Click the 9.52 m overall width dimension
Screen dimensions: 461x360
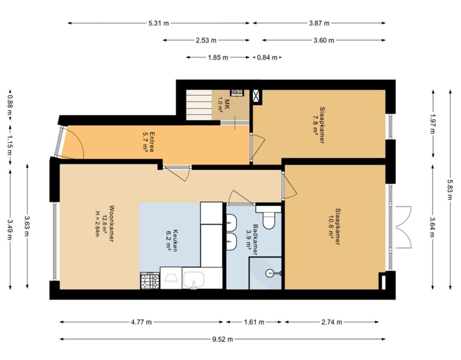click(222, 339)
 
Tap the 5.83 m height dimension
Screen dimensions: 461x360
click(450, 190)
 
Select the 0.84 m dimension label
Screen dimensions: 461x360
click(267, 58)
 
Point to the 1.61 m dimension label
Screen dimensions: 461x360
click(254, 322)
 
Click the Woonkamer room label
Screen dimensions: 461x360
click(111, 223)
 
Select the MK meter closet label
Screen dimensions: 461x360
click(227, 105)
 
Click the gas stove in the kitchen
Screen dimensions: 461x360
click(150, 280)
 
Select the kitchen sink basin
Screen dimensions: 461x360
click(194, 280)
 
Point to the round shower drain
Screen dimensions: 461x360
click(269, 273)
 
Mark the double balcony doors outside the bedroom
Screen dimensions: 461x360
click(403, 227)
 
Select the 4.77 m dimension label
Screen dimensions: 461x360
click(141, 322)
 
